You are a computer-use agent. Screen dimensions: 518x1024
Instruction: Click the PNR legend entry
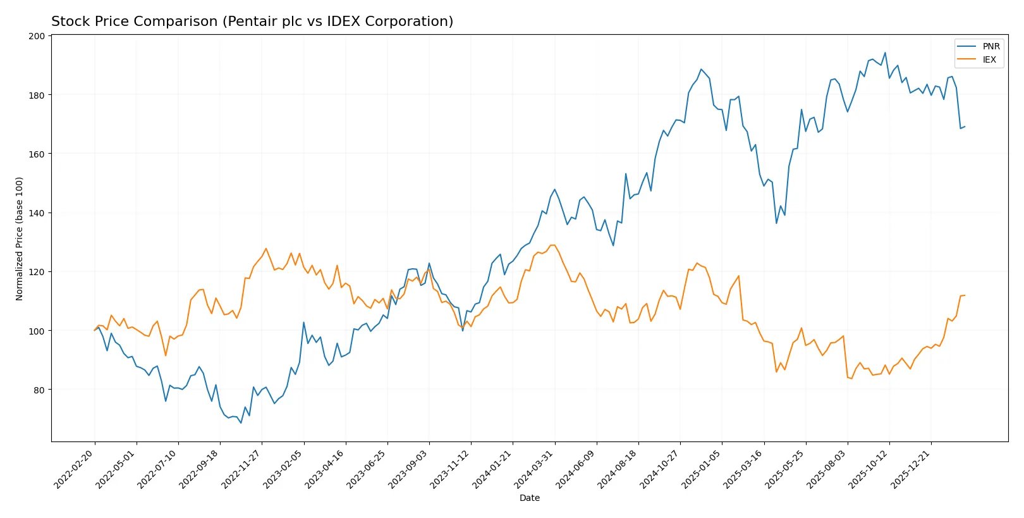point(990,47)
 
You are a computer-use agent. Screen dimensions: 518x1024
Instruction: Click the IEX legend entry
point(989,60)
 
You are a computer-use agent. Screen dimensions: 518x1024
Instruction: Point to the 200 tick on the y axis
point(37,36)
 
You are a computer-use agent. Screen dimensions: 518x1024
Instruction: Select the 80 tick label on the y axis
point(39,390)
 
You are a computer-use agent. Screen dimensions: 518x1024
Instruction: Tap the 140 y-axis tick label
point(37,213)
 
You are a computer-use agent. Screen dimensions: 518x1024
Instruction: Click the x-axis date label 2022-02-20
point(75,469)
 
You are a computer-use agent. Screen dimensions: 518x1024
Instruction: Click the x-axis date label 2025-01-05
point(702,469)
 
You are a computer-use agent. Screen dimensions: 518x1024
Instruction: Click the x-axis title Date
point(529,498)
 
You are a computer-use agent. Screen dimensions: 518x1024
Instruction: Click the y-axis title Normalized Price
point(19,238)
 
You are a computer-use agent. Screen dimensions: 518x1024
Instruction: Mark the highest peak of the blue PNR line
point(885,52)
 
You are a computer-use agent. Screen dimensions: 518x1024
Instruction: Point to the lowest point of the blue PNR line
point(241,423)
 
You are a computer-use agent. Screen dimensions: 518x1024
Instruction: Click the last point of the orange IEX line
point(965,295)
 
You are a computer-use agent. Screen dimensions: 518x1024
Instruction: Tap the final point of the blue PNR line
point(965,126)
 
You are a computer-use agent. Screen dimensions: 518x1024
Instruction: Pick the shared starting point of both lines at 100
point(95,330)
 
